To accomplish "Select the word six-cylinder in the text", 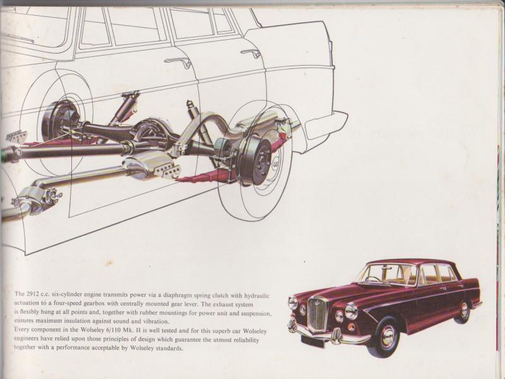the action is point(67,294).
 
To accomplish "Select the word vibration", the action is point(156,322).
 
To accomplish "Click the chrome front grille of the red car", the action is point(317,313).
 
